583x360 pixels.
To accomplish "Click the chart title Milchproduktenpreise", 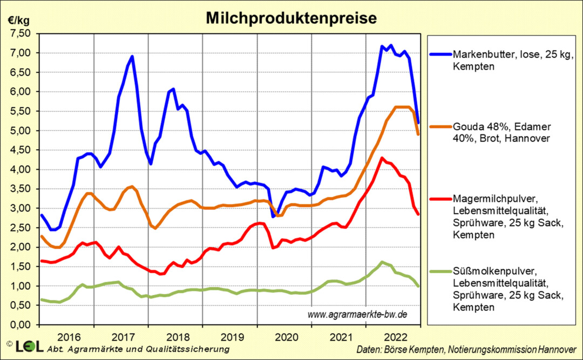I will (291, 18).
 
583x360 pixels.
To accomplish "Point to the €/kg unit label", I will (19, 21).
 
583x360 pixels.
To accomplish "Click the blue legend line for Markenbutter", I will (439, 55).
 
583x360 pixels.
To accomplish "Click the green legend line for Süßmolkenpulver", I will (439, 271).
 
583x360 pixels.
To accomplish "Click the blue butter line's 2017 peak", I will (132, 56).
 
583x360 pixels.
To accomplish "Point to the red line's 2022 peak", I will (382, 158).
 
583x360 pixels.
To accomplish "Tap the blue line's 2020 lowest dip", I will (273, 216).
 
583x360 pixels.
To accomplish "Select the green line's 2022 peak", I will (382, 262).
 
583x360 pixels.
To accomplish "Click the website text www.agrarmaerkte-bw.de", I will (357, 315).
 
